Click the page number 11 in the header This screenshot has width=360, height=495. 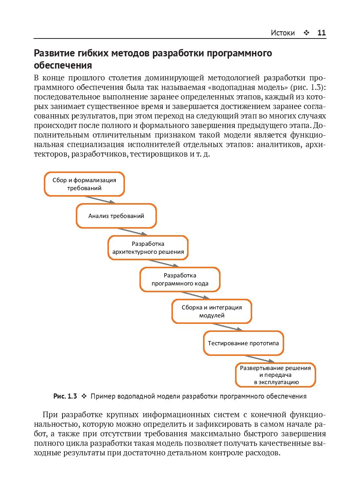[x=322, y=33]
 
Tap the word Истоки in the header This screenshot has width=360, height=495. [x=283, y=33]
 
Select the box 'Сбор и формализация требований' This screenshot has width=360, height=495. [x=84, y=184]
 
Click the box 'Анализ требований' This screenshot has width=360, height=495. [x=116, y=216]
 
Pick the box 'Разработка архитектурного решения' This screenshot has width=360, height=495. [x=148, y=248]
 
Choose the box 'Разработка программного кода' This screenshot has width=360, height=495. [x=180, y=279]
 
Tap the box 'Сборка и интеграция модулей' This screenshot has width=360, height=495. [x=211, y=311]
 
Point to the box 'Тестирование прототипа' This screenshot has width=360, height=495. [x=243, y=343]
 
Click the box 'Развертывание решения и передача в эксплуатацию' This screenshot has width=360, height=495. [x=275, y=375]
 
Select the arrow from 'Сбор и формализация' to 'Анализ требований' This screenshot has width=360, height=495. [x=100, y=200]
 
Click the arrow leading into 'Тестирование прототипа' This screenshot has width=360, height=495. [x=227, y=327]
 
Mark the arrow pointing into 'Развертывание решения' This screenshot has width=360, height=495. [x=259, y=359]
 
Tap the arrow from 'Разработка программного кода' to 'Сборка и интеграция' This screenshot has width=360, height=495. [x=195, y=295]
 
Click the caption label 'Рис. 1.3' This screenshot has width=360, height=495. [x=65, y=396]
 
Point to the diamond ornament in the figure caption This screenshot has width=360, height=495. [x=84, y=396]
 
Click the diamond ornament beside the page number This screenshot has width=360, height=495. [x=306, y=33]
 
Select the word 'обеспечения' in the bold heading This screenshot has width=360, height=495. [x=63, y=65]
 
